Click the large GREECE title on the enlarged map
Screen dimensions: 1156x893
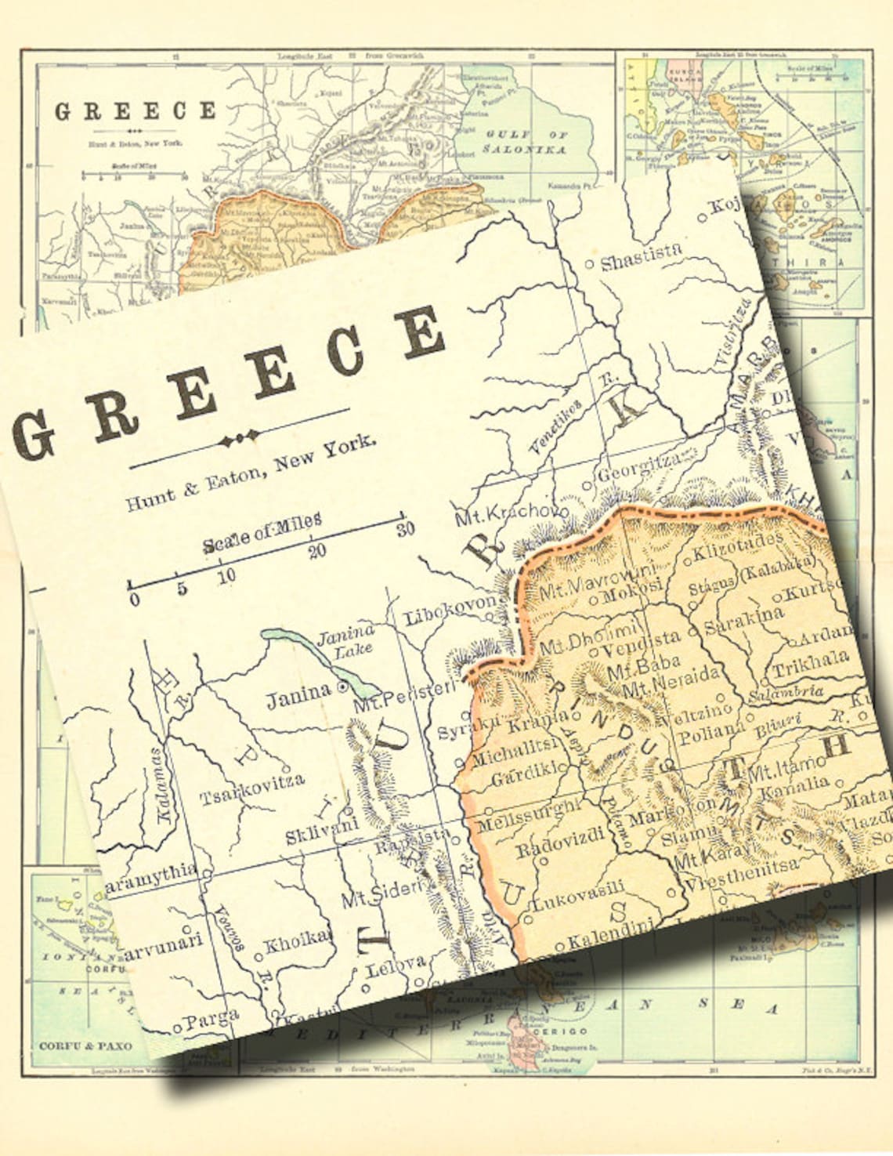227,384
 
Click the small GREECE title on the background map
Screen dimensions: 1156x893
135,111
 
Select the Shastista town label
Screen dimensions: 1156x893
641,256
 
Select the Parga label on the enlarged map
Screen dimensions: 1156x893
211,1018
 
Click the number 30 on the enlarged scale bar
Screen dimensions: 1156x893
405,528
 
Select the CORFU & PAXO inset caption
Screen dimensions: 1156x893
85,1045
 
